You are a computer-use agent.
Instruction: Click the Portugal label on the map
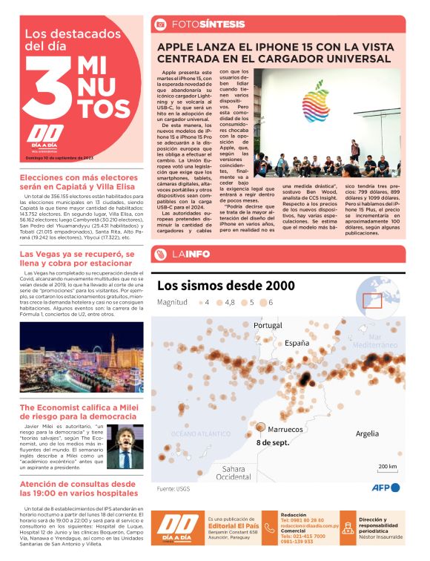[x=268, y=325]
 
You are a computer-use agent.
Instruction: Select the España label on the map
[x=297, y=344]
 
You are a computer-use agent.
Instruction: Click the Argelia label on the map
[x=367, y=433]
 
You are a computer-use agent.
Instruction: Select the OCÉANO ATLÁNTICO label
[x=196, y=433]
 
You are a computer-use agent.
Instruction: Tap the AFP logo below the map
[x=386, y=488]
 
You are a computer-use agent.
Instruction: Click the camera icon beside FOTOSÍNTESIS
[x=159, y=24]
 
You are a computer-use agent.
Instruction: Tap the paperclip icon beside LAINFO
[x=159, y=255]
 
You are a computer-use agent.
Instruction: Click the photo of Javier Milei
[x=123, y=445]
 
